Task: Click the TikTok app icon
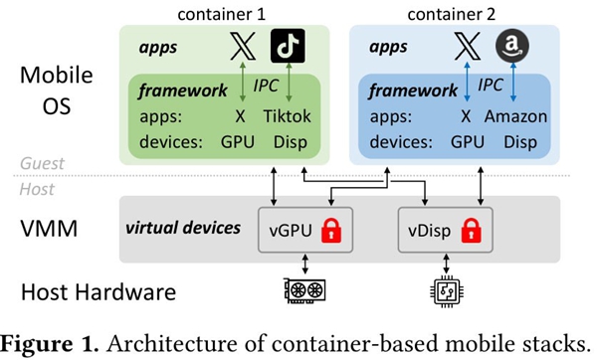288,46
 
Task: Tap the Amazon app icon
512,46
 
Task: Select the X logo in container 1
243,46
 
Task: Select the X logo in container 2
468,46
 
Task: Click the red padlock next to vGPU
331,231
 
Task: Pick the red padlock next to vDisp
471,231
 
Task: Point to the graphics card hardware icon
304,291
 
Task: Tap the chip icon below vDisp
447,291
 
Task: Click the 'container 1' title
221,14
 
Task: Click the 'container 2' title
451,14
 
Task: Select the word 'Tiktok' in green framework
288,116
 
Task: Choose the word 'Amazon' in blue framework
515,116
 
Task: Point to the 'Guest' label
42,163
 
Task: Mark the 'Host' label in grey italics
37,189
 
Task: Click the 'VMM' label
49,229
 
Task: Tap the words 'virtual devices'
183,228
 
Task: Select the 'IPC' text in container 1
266,86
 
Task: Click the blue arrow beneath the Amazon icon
512,82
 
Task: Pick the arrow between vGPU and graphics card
304,264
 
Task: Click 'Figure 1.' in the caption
50,344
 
